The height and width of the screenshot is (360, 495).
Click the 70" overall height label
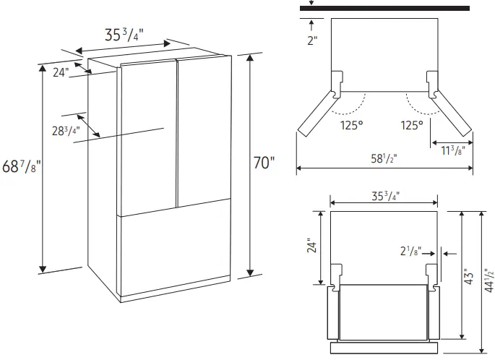264,163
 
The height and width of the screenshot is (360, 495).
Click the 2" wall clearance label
311,40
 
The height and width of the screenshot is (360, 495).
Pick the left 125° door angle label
352,125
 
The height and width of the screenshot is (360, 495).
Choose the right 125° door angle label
412,125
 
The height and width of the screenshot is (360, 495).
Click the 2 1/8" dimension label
413,252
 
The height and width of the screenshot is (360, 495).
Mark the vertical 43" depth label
468,275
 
